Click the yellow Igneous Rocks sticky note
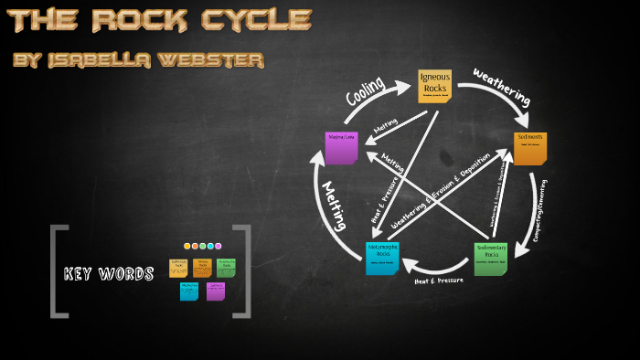point(434,86)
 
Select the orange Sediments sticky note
point(529,147)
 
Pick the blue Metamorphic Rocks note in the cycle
point(381,258)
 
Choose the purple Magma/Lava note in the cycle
point(341,147)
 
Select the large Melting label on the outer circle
point(333,205)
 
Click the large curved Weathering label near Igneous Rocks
point(502,85)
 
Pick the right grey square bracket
point(243,271)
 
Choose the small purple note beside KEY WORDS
point(216,291)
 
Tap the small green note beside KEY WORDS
point(226,267)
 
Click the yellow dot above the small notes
point(187,246)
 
